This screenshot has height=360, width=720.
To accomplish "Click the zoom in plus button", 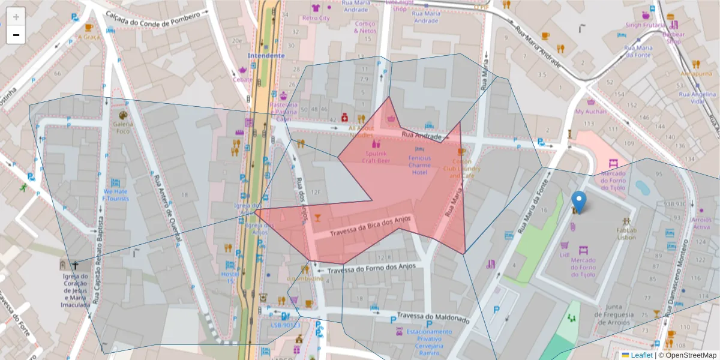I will (x=16, y=16).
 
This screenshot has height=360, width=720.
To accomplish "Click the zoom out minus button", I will (x=16, y=35).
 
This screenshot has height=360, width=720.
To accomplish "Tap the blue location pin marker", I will (x=578, y=202).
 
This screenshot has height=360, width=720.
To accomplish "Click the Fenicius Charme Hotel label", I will (x=419, y=165).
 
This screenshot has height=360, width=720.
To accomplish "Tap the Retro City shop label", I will (x=316, y=18).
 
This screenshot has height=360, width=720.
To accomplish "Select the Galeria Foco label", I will (x=122, y=127).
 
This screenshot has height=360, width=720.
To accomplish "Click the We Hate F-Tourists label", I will (x=115, y=194).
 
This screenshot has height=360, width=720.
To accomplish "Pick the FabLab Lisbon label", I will (x=626, y=233).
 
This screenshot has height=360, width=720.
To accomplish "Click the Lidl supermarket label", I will (x=565, y=254).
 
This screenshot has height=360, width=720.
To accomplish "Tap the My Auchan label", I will (x=591, y=111).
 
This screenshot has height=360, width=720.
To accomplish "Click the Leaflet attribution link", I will (x=641, y=355).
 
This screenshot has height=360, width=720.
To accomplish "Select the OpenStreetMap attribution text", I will (x=688, y=355).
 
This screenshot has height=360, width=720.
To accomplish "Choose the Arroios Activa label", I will (x=701, y=223).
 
